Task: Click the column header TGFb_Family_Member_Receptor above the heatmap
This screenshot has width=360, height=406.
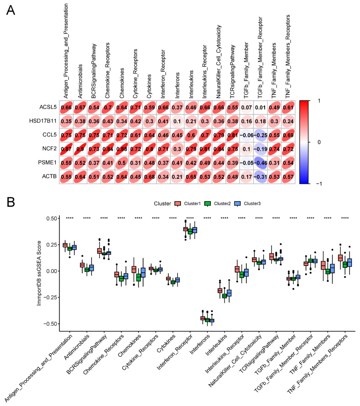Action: pyautogui.click(x=262, y=50)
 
